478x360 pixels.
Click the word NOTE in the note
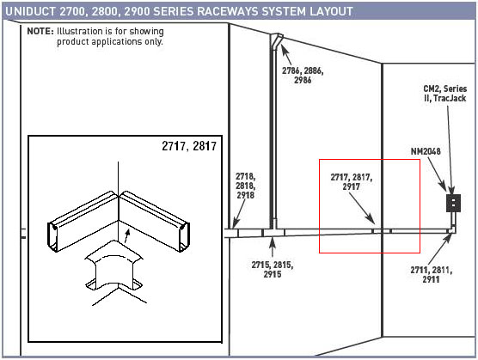coord(40,31)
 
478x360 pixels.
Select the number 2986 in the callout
coord(303,80)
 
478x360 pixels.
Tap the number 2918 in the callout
coord(245,195)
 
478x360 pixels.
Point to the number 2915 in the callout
coord(273,274)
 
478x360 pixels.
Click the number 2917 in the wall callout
coord(351,186)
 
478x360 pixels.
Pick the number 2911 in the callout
coord(431,279)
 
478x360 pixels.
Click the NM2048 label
coord(426,151)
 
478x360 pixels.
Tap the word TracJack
coord(450,98)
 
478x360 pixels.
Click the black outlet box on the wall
coord(453,203)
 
